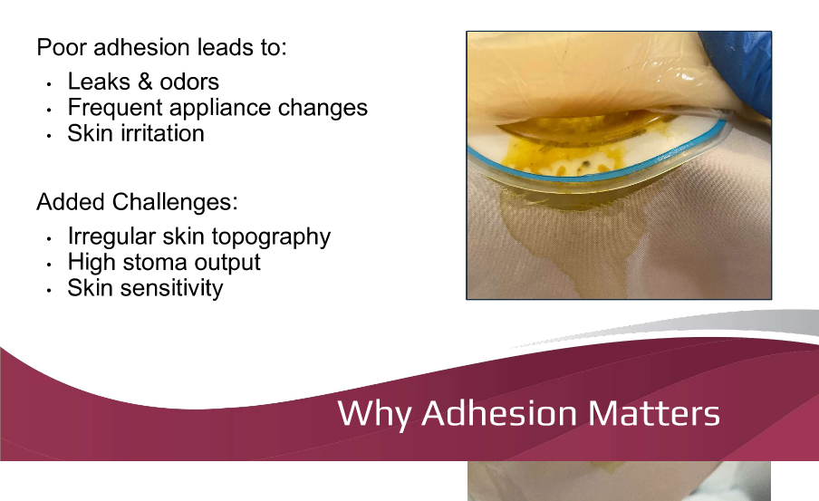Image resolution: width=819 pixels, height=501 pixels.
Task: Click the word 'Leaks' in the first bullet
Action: pyautogui.click(x=99, y=82)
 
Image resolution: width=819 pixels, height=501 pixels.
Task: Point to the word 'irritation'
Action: pyautogui.click(x=162, y=133)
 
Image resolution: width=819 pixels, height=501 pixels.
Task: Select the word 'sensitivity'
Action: pyautogui.click(x=175, y=288)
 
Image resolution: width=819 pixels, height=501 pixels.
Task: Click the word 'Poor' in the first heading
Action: pyautogui.click(x=58, y=47)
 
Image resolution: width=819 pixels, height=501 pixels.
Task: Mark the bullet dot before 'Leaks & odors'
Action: pyautogui.click(x=48, y=83)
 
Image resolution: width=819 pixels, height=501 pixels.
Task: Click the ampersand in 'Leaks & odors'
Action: pyautogui.click(x=145, y=82)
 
